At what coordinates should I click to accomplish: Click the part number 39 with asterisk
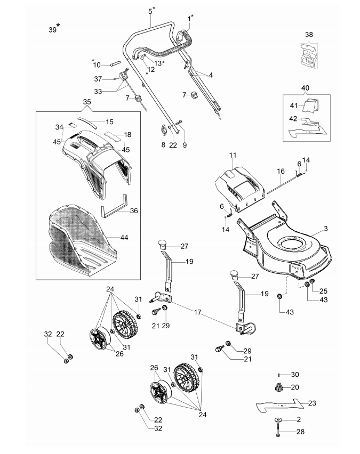pyautogui.click(x=52, y=30)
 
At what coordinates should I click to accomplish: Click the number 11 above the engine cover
pyautogui.click(x=233, y=155)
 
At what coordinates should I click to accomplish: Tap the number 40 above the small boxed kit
pyautogui.click(x=305, y=87)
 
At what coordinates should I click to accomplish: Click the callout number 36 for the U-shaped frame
pyautogui.click(x=133, y=211)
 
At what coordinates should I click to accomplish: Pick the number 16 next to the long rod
pyautogui.click(x=281, y=172)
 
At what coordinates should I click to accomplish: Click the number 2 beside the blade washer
pyautogui.click(x=299, y=420)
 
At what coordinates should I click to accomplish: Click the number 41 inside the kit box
pyautogui.click(x=293, y=106)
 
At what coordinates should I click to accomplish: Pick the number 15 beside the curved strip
pyautogui.click(x=109, y=121)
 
